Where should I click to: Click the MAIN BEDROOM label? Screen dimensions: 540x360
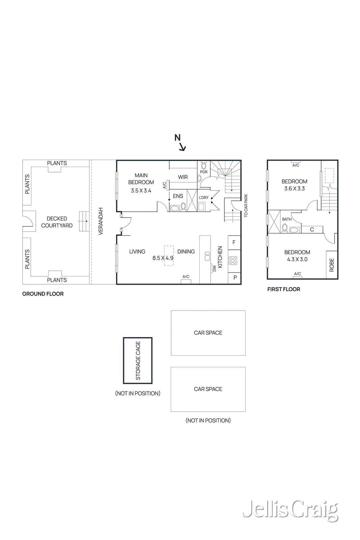(x=141, y=179)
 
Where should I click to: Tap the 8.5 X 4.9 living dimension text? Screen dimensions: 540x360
(x=163, y=258)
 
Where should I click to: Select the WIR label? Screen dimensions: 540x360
(x=183, y=177)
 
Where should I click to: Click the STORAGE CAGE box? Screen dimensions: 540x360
(x=138, y=360)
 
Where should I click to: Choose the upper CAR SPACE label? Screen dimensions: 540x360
(x=208, y=333)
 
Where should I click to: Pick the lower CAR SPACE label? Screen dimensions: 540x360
(x=208, y=389)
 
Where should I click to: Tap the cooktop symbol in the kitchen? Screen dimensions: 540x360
(x=233, y=260)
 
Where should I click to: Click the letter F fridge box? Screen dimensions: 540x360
(x=234, y=242)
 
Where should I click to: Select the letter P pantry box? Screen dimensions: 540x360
(x=235, y=278)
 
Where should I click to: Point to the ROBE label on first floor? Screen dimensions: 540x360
(x=332, y=265)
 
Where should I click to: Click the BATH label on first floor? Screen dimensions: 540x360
(x=287, y=219)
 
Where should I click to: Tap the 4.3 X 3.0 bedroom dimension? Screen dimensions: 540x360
(x=297, y=260)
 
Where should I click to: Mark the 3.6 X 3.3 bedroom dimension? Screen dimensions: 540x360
(x=295, y=189)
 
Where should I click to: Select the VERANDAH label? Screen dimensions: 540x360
(x=101, y=221)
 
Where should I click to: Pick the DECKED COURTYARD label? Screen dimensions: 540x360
(x=57, y=222)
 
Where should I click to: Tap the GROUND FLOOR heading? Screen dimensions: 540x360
(x=43, y=294)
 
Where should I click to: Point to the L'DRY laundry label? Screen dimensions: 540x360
(x=203, y=198)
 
